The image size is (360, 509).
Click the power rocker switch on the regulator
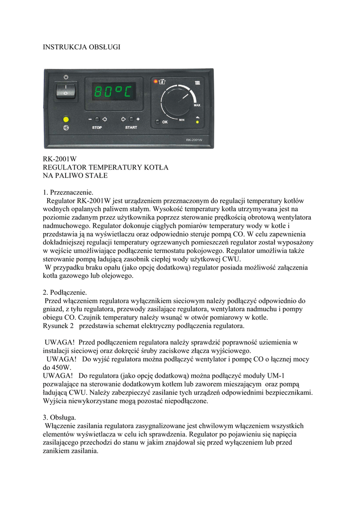[65, 91]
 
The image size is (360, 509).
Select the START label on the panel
[131, 128]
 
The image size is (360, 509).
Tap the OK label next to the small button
[165, 122]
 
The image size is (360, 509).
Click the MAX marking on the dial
[197, 105]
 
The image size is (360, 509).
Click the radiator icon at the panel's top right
[197, 82]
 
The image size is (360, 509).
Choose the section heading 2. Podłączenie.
[65, 292]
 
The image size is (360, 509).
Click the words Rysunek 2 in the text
[58, 326]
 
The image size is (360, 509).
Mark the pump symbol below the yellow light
[65, 128]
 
